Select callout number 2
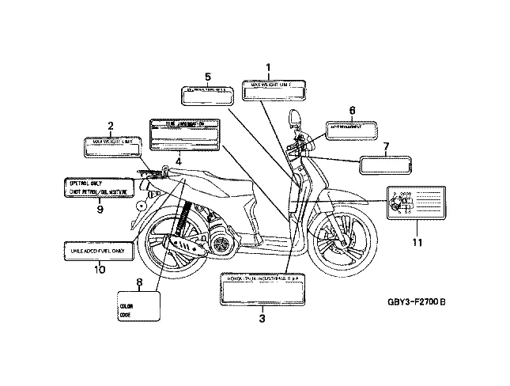tap(110, 126)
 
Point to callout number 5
tap(207, 77)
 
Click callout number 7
tap(386, 146)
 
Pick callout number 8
tap(139, 282)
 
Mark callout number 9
tap(100, 210)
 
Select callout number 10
tap(100, 270)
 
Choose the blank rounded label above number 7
tap(385, 164)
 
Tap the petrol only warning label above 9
tap(97, 186)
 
